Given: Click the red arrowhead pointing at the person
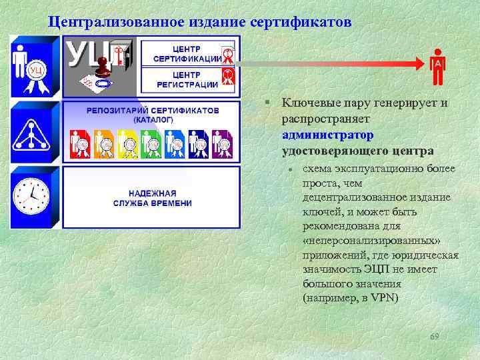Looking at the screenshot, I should pos(419,63).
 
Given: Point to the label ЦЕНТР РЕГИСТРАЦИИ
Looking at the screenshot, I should pos(187,79).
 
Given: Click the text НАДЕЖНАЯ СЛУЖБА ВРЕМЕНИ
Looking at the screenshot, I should pos(152,198).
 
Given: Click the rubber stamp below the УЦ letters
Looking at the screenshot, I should pos(103,66).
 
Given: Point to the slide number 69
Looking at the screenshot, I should pos(435,335).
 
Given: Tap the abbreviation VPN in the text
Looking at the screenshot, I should pos(383,298).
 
